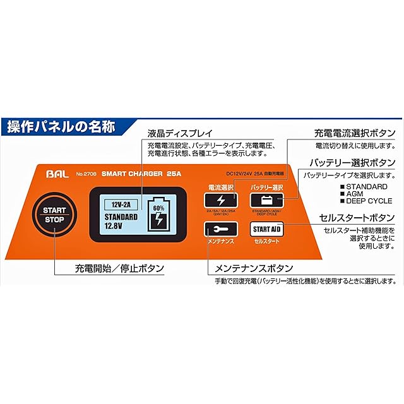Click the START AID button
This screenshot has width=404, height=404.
(x=266, y=229)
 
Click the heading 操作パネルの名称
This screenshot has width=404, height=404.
(x=61, y=126)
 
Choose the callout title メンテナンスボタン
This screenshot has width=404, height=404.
(x=255, y=268)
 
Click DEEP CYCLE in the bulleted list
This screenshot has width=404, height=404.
(x=369, y=201)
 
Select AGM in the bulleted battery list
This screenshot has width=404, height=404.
(x=355, y=194)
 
